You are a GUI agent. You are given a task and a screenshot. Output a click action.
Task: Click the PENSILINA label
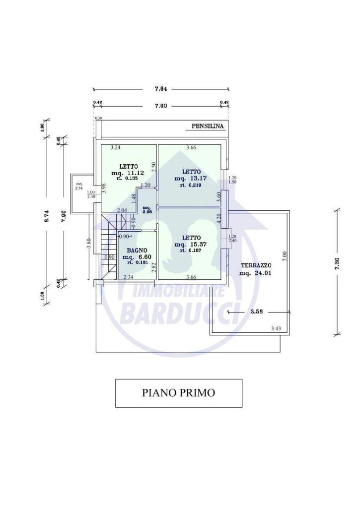208,127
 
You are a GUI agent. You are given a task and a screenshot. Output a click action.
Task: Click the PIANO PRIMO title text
178,393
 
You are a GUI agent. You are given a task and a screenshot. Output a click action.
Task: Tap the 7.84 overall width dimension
160,89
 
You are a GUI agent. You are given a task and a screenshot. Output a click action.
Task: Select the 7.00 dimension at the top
160,106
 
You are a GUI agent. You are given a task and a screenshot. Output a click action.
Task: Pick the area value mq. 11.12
128,173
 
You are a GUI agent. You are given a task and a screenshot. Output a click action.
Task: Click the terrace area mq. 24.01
255,272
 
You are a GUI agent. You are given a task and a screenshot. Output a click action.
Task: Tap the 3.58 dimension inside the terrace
256,312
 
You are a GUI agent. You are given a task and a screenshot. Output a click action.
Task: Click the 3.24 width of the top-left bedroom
116,147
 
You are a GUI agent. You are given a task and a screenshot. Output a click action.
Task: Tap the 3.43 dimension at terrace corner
277,328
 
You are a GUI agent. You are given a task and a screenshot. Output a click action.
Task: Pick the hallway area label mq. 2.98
146,209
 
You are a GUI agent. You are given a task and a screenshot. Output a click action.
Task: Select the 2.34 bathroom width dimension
128,277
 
